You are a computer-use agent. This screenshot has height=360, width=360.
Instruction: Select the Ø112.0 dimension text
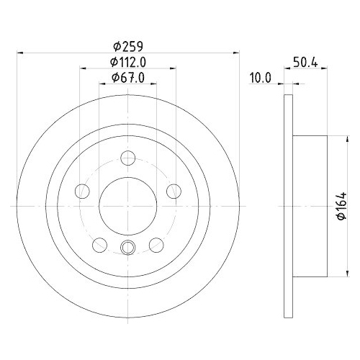click(127, 61)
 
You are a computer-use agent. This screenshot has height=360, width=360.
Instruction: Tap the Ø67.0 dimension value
click(127, 78)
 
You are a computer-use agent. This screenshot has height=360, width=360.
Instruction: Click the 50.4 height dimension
click(307, 62)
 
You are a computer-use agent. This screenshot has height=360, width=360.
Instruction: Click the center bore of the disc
click(127, 205)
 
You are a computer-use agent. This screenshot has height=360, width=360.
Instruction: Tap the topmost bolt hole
click(127, 158)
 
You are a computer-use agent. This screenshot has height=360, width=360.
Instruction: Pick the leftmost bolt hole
click(83, 191)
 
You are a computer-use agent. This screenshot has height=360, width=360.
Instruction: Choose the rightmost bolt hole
click(173, 191)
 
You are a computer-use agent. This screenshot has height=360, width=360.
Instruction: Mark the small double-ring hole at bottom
click(127, 248)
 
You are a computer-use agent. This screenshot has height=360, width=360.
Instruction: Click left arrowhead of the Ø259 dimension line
click(20, 52)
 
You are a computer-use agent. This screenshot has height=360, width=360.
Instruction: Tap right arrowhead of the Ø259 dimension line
click(235, 52)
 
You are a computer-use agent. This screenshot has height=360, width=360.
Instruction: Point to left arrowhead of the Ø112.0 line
click(81, 69)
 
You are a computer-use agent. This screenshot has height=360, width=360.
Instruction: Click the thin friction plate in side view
click(289, 206)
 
